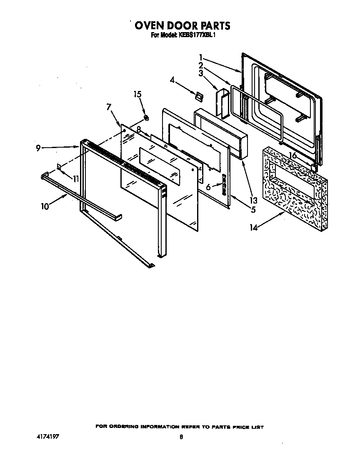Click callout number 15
coord(137,94)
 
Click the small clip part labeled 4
coord(199,96)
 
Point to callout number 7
coord(109,107)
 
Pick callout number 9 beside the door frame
coord(38,148)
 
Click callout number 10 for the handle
coord(45,206)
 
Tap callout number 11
coord(75,179)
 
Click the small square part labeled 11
coord(59,167)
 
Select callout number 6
coord(208,188)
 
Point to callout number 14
coord(254,227)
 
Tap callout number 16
coord(293,156)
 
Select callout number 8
coord(139,129)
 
